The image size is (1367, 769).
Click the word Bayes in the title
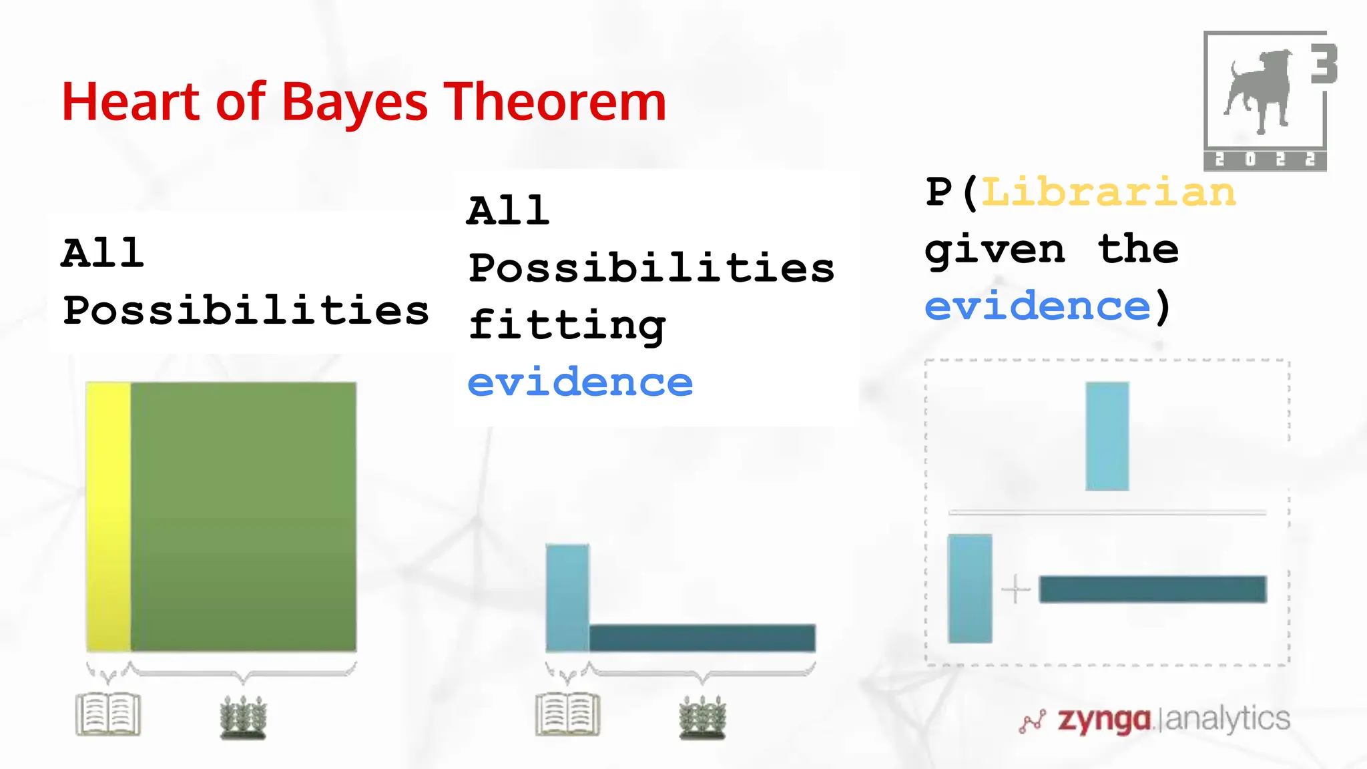click(354, 103)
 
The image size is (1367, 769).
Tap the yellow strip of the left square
click(108, 516)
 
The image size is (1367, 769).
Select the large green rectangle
click(244, 516)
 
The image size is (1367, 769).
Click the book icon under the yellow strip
click(108, 714)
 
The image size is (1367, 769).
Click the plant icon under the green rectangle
click(244, 718)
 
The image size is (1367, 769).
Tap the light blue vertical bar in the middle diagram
click(567, 597)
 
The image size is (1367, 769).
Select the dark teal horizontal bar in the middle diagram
click(702, 637)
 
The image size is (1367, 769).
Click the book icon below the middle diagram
click(568, 714)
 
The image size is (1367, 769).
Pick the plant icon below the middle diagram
click(702, 718)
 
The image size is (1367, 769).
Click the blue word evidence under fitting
click(580, 383)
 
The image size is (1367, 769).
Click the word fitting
click(567, 326)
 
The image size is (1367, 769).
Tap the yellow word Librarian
click(1109, 193)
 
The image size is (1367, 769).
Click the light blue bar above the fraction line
click(1107, 436)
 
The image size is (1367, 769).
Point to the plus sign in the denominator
click(1016, 589)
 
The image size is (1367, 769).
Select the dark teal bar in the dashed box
click(1153, 589)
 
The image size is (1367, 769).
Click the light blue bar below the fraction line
click(970, 588)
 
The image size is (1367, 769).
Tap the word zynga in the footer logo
click(1105, 720)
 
